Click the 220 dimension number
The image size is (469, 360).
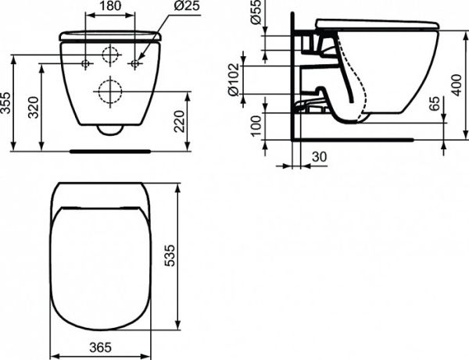[x=181, y=120]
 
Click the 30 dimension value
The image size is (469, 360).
[x=318, y=157]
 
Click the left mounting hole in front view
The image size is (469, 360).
[x=86, y=62]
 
